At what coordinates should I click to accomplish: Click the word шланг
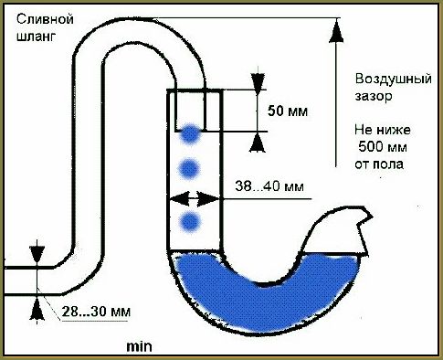(x=34, y=37)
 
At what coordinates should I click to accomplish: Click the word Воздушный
(x=374, y=79)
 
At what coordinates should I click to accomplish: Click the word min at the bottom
(x=140, y=346)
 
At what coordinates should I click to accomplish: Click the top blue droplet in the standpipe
(x=190, y=134)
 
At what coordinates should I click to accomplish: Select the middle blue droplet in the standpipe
(x=190, y=167)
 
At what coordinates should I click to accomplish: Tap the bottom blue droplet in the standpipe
(x=190, y=222)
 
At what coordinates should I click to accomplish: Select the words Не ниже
(x=374, y=132)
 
